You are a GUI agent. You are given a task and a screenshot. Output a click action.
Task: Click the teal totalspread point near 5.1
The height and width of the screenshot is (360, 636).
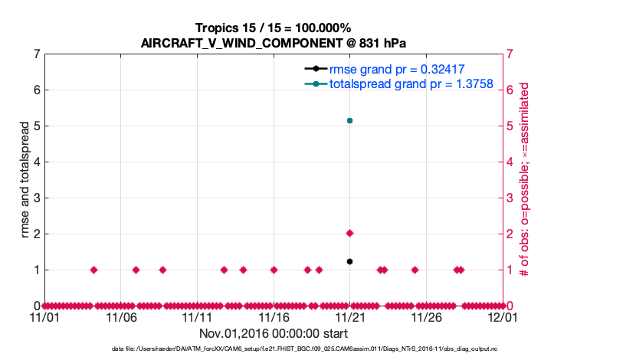click(x=349, y=120)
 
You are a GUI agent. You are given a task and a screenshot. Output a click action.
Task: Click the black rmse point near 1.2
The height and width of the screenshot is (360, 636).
click(x=349, y=261)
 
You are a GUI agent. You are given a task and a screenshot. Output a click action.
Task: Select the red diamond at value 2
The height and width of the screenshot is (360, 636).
click(x=349, y=233)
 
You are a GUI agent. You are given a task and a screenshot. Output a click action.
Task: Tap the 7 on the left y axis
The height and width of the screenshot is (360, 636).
click(x=36, y=54)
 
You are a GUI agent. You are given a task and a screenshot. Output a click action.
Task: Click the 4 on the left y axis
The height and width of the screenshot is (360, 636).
click(x=36, y=162)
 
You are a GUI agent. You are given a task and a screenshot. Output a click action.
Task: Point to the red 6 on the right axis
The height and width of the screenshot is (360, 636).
click(x=511, y=90)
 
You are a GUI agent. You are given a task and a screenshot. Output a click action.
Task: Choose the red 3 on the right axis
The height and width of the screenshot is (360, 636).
click(x=511, y=198)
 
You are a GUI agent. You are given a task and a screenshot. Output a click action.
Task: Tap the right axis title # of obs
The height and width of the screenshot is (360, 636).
click(x=525, y=179)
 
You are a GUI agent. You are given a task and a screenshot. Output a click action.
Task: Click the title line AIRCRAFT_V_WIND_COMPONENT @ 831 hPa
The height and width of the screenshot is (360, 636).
click(x=273, y=43)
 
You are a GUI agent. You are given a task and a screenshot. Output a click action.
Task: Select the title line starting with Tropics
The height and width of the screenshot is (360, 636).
click(x=273, y=28)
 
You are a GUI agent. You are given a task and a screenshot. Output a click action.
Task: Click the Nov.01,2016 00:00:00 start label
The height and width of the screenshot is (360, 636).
click(x=273, y=333)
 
